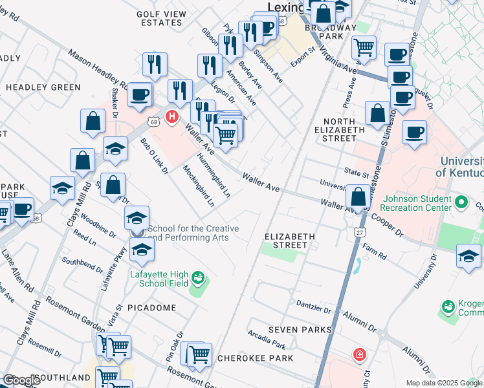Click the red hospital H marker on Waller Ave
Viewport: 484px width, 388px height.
(171, 117)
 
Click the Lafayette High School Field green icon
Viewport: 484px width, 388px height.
(198, 279)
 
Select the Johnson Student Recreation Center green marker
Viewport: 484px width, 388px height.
(461, 203)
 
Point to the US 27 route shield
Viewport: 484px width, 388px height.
(360, 231)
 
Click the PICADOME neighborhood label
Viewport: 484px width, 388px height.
(151, 308)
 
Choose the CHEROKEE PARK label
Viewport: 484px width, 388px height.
(255, 358)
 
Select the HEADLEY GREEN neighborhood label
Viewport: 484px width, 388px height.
(43, 87)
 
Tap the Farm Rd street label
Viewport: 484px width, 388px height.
(374, 250)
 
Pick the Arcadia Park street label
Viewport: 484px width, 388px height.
(266, 338)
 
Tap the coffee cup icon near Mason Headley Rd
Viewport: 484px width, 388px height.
(139, 95)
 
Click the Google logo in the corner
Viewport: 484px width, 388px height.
(21, 380)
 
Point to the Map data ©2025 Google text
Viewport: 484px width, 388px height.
(444, 383)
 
